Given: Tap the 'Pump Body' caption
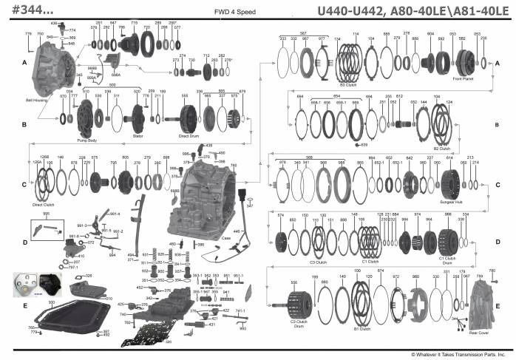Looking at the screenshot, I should point(87,139).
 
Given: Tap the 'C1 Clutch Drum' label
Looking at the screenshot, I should point(448,259).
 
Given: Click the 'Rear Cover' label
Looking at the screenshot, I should point(478,333).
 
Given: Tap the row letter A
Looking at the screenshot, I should point(24,64).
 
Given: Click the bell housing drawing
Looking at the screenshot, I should point(52,67).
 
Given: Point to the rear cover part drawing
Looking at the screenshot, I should point(484,304).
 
